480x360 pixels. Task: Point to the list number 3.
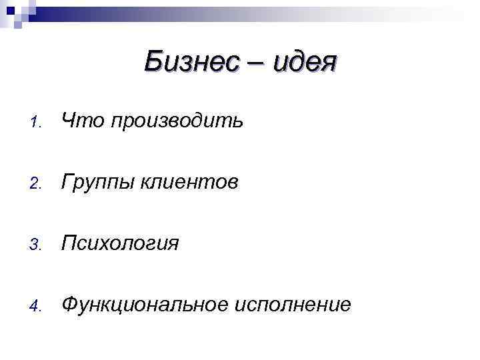(38, 245)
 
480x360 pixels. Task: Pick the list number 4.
(38, 307)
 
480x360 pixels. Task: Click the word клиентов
(189, 182)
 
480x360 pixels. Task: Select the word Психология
(120, 243)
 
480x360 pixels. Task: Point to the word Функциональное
(143, 305)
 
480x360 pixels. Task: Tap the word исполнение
(293, 305)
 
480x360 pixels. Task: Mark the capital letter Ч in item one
(69, 121)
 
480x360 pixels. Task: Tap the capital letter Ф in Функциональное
(69, 304)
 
